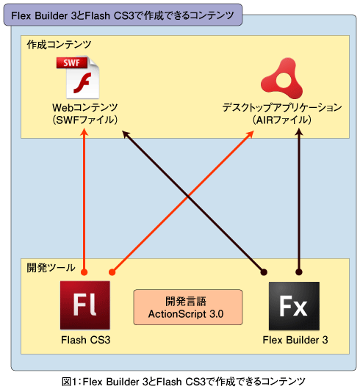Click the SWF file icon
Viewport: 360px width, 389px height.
pyautogui.click(x=78, y=77)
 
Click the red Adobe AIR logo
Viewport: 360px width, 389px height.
pyautogui.click(x=281, y=78)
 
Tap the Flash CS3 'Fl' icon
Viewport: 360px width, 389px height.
pyautogui.click(x=85, y=305)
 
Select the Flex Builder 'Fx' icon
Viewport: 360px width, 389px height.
pyautogui.click(x=294, y=305)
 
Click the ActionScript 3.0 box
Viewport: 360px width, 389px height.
pyautogui.click(x=188, y=307)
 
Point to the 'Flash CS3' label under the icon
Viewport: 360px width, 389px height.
pyautogui.click(x=86, y=340)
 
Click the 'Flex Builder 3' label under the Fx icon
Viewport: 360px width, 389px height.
pyautogui.click(x=295, y=340)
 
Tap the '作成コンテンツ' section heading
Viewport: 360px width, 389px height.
pyautogui.click(x=59, y=45)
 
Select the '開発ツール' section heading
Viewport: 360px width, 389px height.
pyautogui.click(x=51, y=268)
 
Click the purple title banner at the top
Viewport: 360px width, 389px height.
pyautogui.click(x=123, y=15)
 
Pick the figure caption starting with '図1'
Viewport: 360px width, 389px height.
pyautogui.click(x=184, y=382)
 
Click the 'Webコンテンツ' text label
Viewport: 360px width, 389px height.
pyautogui.click(x=84, y=108)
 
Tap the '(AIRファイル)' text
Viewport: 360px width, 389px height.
pyautogui.click(x=281, y=120)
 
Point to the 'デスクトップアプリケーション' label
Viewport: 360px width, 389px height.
pyautogui.click(x=282, y=108)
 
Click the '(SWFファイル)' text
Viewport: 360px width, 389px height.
pyautogui.click(x=84, y=120)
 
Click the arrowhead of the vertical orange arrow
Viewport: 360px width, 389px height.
pyautogui.click(x=84, y=131)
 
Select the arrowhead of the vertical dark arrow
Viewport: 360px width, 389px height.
pyautogui.click(x=299, y=131)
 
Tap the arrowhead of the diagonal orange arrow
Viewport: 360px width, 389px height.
pyautogui.click(x=251, y=134)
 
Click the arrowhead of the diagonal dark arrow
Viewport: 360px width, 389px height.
pyautogui.click(x=126, y=134)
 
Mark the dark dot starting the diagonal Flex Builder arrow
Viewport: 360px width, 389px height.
pyautogui.click(x=264, y=272)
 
